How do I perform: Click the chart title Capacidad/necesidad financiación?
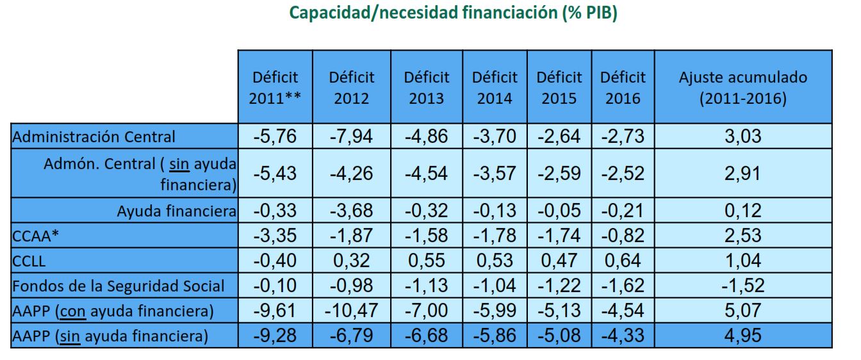point(454,13)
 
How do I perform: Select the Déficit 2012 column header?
point(351,88)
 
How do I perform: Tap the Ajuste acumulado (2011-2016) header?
point(742,88)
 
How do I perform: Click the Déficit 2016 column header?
point(623,88)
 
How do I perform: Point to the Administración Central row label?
point(94,136)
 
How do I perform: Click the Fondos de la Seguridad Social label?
point(119,286)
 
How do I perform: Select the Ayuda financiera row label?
point(177,211)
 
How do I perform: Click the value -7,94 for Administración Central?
point(351,136)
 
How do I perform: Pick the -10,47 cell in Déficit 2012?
point(351,311)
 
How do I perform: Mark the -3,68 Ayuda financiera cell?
point(351,211)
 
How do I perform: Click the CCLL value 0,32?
point(351,261)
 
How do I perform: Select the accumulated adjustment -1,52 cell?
point(742,286)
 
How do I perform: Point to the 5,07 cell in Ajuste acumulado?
point(742,311)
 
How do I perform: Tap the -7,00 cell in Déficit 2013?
point(426,311)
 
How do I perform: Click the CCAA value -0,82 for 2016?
point(623,236)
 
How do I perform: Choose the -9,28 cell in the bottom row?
point(275,335)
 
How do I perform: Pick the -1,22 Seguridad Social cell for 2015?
point(559,286)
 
